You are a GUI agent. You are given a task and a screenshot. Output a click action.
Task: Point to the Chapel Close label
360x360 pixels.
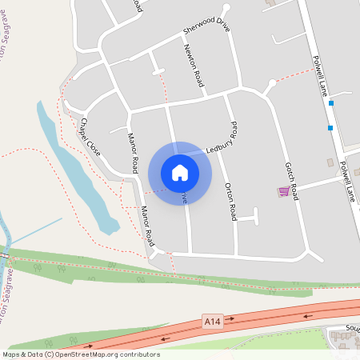(x=89, y=136)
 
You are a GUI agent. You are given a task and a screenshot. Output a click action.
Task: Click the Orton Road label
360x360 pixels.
(x=230, y=201)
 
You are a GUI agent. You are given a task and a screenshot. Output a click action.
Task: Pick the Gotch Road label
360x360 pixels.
(x=291, y=181)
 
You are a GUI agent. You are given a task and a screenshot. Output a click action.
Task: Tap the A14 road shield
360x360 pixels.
(x=211, y=322)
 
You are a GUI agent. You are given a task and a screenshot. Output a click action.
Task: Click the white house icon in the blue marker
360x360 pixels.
(x=180, y=172)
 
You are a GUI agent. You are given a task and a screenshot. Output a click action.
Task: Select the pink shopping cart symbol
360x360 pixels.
(x=283, y=191)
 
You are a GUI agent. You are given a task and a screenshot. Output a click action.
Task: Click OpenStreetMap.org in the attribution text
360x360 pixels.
(x=85, y=354)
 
